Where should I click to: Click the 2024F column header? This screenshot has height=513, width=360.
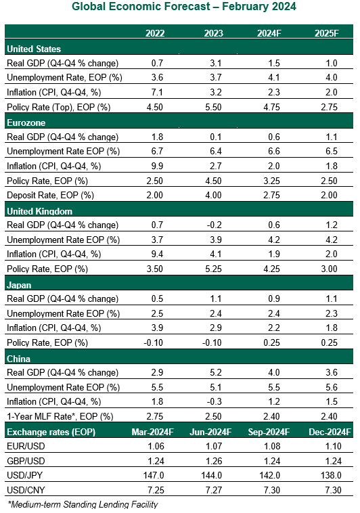(269, 33)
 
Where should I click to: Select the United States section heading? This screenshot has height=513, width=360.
(34, 49)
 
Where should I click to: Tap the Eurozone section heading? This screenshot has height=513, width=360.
(26, 122)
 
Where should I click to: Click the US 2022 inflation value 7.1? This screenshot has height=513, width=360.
(157, 92)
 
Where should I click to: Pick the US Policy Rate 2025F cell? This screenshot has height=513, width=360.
(329, 107)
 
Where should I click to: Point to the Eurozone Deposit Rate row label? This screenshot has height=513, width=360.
(50, 196)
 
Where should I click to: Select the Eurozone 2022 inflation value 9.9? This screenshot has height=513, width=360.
(157, 166)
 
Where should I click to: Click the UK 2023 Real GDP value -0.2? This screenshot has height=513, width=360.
(215, 225)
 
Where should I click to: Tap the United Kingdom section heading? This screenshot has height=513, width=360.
(40, 211)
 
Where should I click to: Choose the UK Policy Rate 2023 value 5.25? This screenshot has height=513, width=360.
(213, 269)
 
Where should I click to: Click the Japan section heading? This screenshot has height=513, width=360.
(19, 285)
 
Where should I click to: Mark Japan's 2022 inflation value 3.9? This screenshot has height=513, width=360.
(157, 328)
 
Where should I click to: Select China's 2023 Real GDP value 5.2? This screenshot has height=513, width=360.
(216, 372)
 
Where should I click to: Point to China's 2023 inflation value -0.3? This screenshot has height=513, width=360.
(215, 401)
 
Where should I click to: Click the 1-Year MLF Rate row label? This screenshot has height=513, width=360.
(60, 416)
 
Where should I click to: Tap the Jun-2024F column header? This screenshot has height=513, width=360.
(210, 432)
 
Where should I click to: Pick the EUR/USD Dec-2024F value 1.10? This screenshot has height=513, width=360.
(331, 446)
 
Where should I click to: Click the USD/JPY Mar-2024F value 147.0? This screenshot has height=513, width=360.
(154, 475)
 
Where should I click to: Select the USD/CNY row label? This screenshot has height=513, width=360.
(26, 490)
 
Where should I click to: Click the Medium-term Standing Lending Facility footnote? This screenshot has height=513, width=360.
(83, 504)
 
